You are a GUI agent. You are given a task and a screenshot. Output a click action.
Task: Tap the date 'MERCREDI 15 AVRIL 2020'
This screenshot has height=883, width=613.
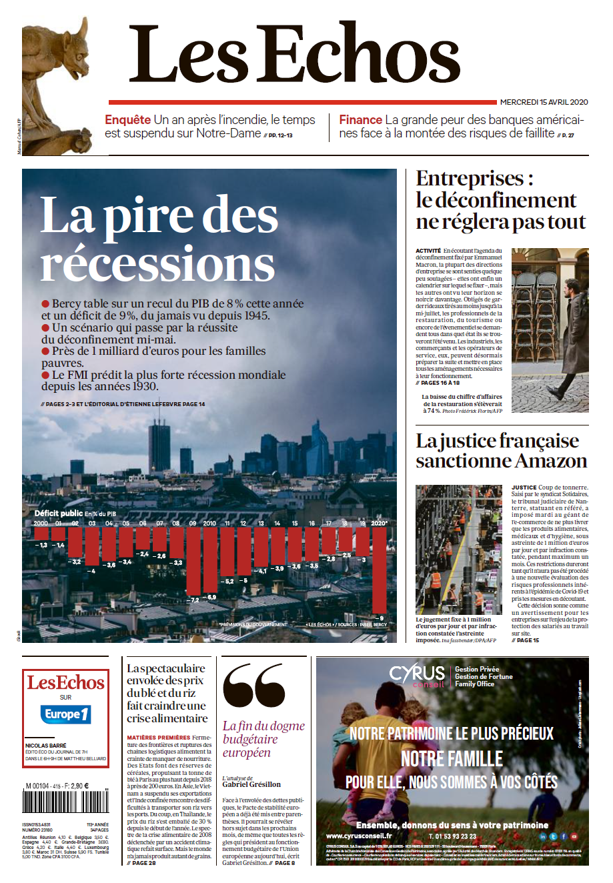click(x=544, y=102)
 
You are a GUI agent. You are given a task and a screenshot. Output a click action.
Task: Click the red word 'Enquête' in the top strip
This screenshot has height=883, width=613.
click(x=127, y=120)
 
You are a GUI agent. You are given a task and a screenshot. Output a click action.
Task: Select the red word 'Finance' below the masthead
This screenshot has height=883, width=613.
click(x=360, y=120)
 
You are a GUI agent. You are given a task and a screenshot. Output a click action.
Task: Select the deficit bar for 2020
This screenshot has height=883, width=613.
click(x=380, y=573)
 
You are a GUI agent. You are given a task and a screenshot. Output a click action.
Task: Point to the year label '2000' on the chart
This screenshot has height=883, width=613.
click(x=41, y=524)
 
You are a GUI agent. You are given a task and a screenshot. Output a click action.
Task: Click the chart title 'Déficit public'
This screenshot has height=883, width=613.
click(x=59, y=513)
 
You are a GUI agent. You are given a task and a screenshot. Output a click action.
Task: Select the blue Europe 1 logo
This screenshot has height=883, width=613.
click(x=65, y=714)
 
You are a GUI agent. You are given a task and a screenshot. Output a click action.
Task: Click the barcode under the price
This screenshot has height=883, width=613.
click(x=65, y=801)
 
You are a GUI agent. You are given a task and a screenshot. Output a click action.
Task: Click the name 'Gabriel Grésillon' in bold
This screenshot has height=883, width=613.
click(x=251, y=784)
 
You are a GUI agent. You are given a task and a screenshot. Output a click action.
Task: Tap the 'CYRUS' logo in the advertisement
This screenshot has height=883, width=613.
click(x=417, y=673)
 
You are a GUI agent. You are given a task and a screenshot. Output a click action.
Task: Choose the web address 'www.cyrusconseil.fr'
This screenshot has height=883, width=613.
click(x=359, y=836)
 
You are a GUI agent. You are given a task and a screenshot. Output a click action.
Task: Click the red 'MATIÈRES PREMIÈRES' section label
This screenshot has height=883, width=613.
click(x=158, y=738)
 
